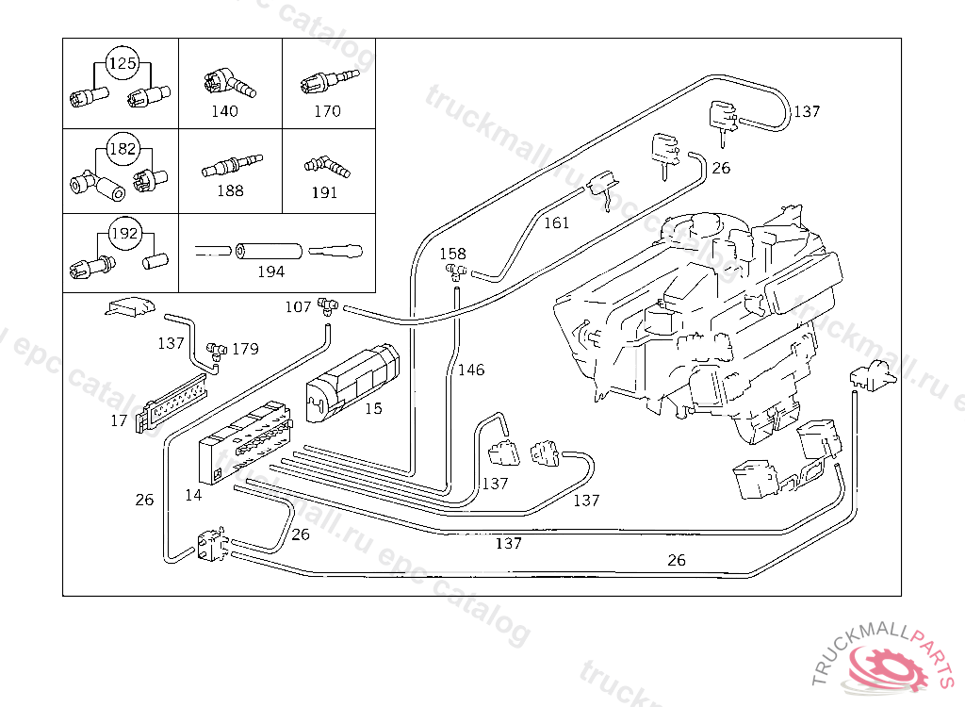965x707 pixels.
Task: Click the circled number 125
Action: [x=123, y=63]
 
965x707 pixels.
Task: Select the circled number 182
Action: [x=123, y=148]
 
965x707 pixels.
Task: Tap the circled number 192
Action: [x=125, y=234]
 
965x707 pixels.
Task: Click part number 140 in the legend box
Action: [x=224, y=111]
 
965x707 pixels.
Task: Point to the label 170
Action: [x=327, y=111]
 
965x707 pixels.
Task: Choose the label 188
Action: [x=230, y=191]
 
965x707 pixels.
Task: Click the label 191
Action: [x=324, y=192]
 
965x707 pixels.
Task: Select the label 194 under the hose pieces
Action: [x=270, y=271]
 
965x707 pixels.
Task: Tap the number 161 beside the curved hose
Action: [x=556, y=222]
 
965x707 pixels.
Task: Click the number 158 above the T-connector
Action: [x=452, y=254]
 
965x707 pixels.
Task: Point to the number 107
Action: [x=298, y=306]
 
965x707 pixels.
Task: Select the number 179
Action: [x=246, y=349]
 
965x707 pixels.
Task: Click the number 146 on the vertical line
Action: [x=471, y=370]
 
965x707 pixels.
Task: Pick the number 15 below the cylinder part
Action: [x=373, y=408]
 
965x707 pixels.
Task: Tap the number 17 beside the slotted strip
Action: [x=119, y=420]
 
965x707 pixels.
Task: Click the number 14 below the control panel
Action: [x=193, y=495]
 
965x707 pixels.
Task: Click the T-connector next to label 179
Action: [x=217, y=351]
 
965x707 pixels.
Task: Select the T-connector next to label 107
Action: [x=327, y=306]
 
